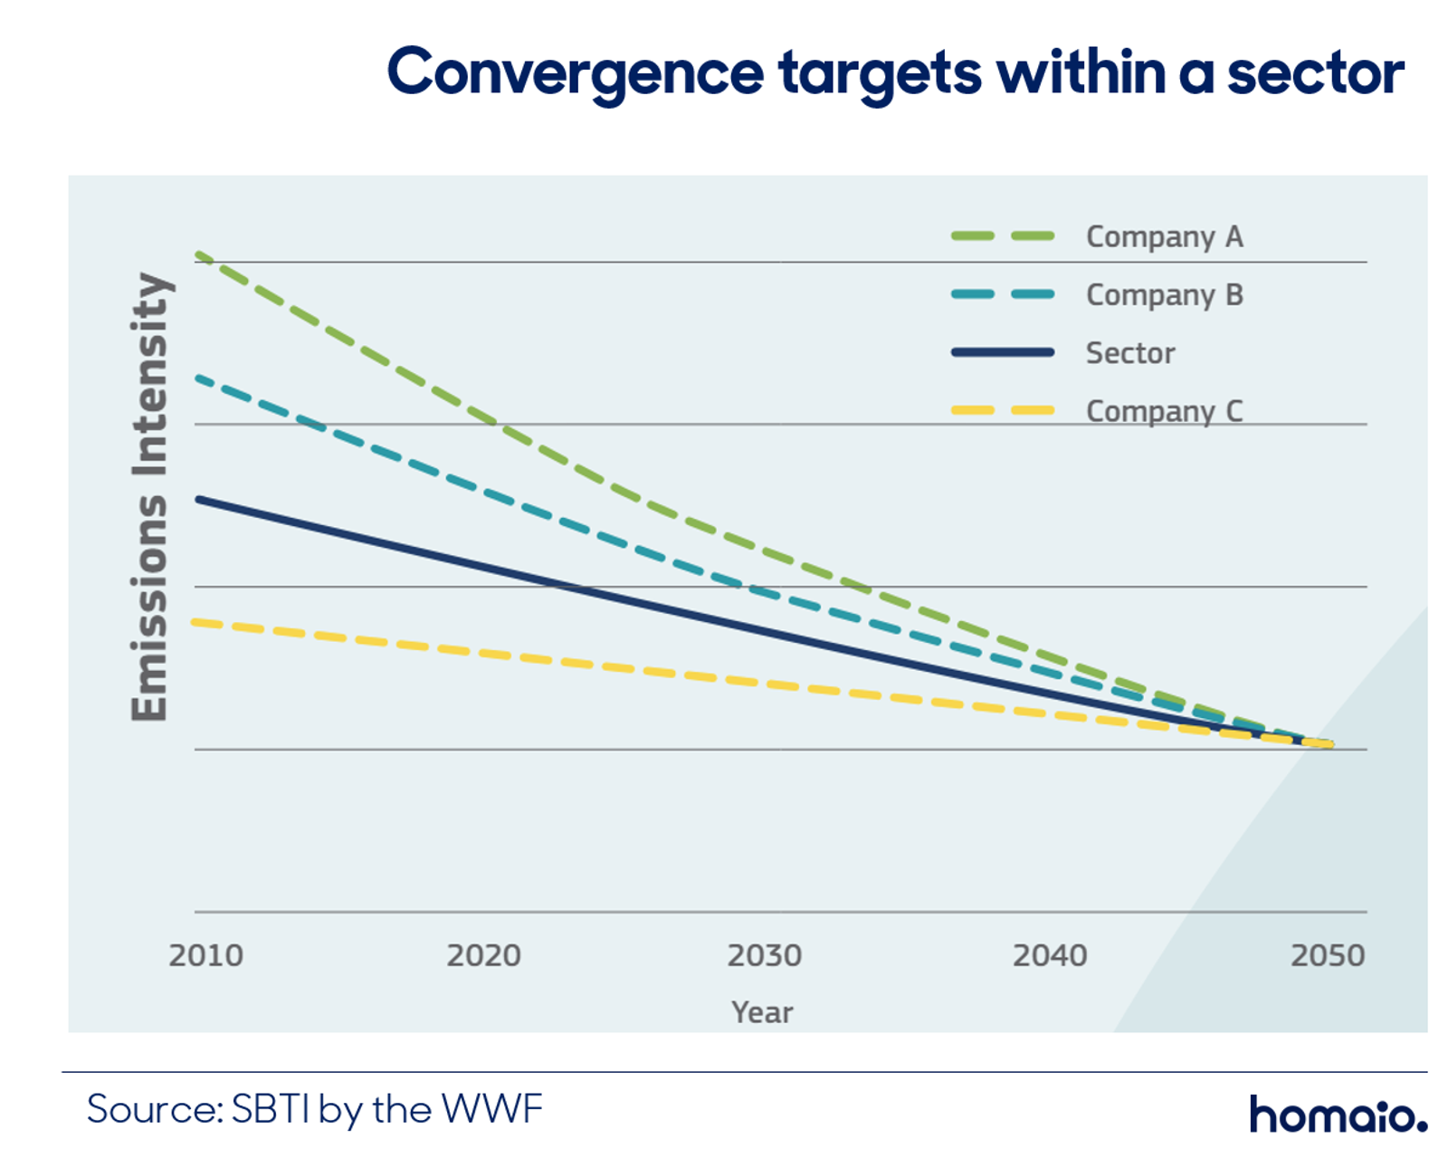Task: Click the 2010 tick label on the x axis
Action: click(206, 956)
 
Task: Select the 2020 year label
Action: click(484, 956)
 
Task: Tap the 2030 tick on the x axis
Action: click(765, 956)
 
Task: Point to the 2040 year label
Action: click(1051, 956)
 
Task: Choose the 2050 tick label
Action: click(1328, 956)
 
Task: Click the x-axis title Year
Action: click(762, 1012)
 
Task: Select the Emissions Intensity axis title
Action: click(148, 497)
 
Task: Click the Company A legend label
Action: click(1165, 237)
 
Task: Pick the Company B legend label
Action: click(1165, 296)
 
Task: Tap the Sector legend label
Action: click(1130, 353)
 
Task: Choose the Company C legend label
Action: click(1165, 412)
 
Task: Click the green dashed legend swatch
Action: click(1003, 235)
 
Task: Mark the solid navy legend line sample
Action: click(1003, 352)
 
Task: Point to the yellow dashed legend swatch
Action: click(1003, 410)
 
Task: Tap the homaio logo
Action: click(1338, 1115)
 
